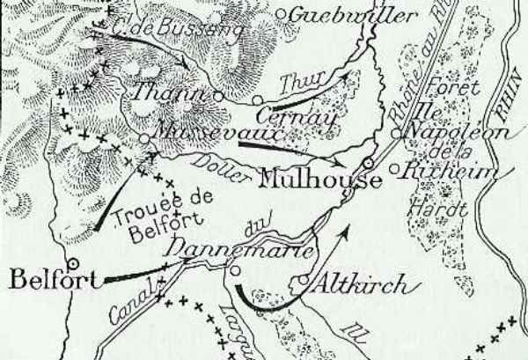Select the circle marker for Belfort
pyautogui.click(x=73, y=261)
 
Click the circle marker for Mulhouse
pyautogui.click(x=368, y=164)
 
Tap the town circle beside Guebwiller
pyautogui.click(x=281, y=13)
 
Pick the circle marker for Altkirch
pyautogui.click(x=302, y=282)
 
